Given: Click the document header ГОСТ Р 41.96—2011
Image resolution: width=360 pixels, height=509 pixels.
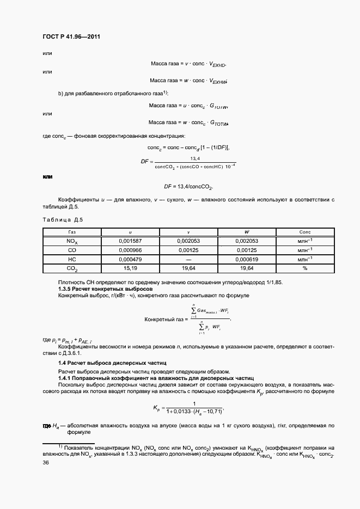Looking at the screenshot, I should pyautogui.click(x=71, y=37).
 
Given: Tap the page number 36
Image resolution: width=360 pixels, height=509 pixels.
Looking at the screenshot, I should pyautogui.click(x=46, y=463).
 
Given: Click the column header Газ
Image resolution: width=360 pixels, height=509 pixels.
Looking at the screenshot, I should pyautogui.click(x=71, y=231).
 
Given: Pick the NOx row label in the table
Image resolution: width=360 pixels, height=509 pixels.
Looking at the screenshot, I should pyautogui.click(x=71, y=240).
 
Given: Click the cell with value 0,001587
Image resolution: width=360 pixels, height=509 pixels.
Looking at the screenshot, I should pyautogui.click(x=130, y=240).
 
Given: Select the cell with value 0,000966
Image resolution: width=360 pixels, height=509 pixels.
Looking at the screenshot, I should pyautogui.click(x=130, y=250).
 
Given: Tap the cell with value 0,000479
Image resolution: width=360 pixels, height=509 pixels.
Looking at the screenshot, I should pyautogui.click(x=130, y=259).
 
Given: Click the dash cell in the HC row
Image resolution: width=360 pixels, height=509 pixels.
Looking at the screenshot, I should pyautogui.click(x=188, y=259).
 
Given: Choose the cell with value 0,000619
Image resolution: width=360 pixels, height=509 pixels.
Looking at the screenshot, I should pyautogui.click(x=246, y=259).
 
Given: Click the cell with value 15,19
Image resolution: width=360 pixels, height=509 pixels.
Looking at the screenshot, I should pyautogui.click(x=130, y=268).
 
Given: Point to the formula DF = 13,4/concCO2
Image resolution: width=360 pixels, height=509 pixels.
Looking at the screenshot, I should pyautogui.click(x=180, y=187).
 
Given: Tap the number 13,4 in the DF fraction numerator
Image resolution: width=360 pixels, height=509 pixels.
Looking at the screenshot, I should pyautogui.click(x=194, y=158).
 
